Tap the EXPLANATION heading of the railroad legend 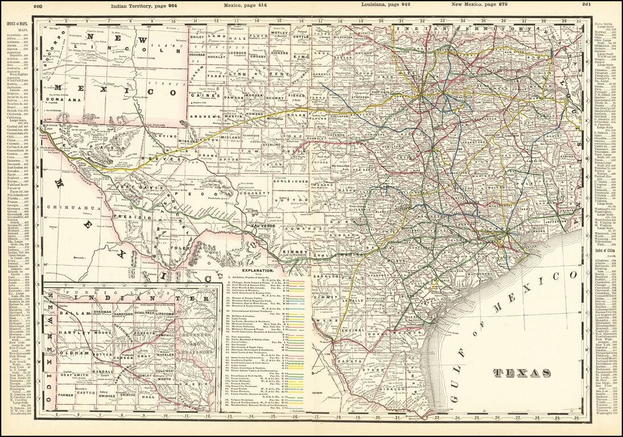(x=259, y=271)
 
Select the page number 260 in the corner (x=39, y=6)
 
